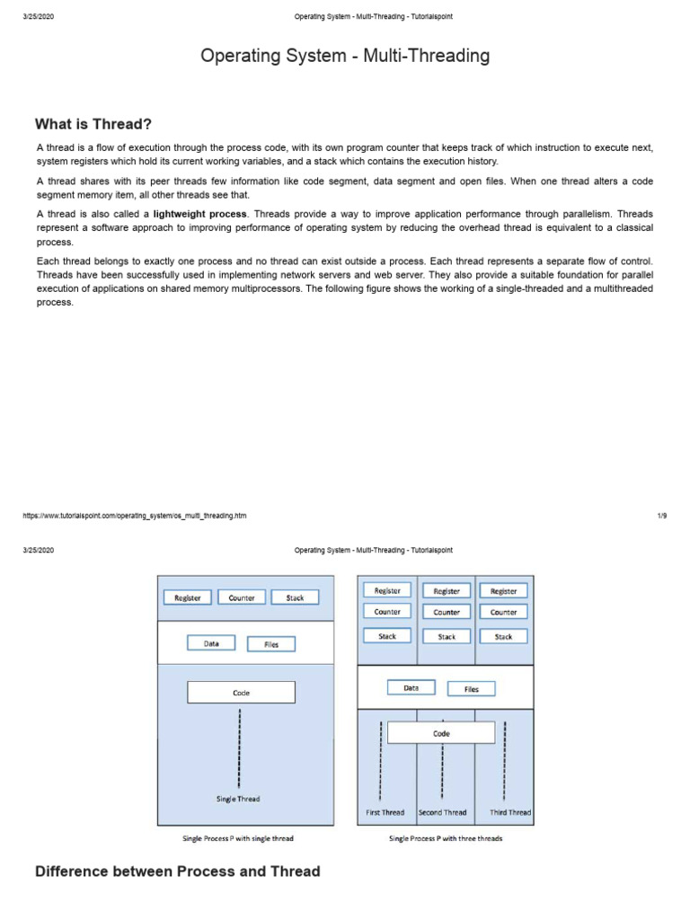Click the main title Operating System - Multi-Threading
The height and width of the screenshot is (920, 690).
[x=345, y=56]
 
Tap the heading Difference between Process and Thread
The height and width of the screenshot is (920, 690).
[x=177, y=871]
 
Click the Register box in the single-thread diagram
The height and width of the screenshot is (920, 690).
[x=188, y=597]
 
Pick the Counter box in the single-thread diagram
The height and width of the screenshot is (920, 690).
[x=242, y=597]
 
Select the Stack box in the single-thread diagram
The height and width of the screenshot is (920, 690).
[x=295, y=597]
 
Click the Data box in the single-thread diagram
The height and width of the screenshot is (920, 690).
[x=211, y=643]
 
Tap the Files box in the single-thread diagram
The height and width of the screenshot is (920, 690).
[x=271, y=644]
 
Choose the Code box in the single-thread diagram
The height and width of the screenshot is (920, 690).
[x=241, y=693]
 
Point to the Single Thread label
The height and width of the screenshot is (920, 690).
[x=238, y=799]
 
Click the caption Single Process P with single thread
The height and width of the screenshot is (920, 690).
[x=238, y=838]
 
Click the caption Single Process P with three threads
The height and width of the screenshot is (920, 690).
[x=446, y=838]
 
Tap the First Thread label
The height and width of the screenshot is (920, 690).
[x=385, y=812]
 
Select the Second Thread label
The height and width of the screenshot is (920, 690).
[x=443, y=812]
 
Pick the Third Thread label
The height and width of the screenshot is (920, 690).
[x=510, y=812]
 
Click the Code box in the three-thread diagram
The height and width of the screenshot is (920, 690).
[x=441, y=733]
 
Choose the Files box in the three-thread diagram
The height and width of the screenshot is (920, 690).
[x=472, y=689]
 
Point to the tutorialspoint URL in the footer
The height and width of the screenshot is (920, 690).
[x=135, y=516]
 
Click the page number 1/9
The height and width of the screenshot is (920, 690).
[x=662, y=516]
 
